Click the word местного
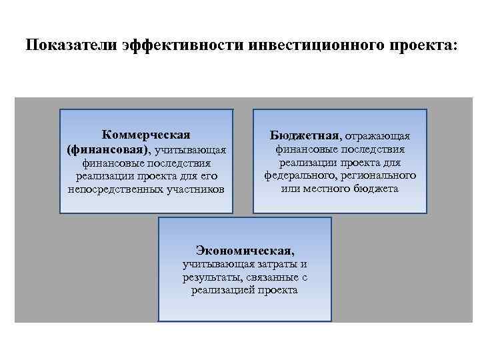pyautogui.click(x=325, y=189)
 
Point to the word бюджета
pyautogui.click(x=376, y=189)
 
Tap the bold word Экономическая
pyautogui.click(x=244, y=251)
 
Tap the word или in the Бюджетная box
pyautogui.click(x=289, y=189)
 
